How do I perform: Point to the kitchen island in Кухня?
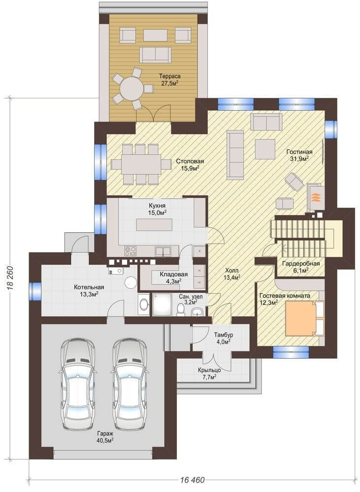(154, 225)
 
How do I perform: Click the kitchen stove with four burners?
(131, 251)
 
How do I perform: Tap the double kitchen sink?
(163, 251)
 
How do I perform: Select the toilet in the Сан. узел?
(181, 309)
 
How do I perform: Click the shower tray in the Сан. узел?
(163, 305)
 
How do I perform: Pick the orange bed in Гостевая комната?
(300, 318)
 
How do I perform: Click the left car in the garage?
(77, 383)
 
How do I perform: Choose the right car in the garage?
(130, 383)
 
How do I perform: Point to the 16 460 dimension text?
(193, 480)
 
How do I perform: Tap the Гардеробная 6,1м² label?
(300, 266)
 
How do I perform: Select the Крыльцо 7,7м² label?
(209, 373)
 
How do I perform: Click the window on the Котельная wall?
(35, 291)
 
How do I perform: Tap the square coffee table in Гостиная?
(265, 150)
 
